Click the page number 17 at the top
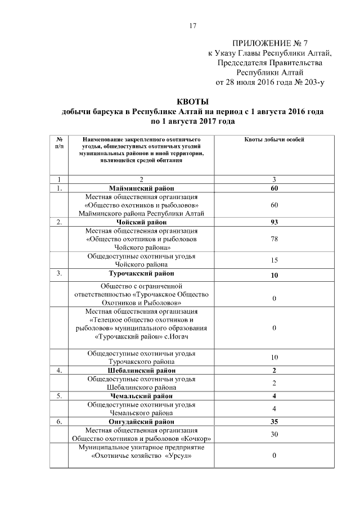point(192,26)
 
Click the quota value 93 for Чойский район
point(274,222)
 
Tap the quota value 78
point(274,239)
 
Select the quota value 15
point(274,260)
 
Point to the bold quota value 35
point(274,421)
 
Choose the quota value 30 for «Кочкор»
point(274,434)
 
